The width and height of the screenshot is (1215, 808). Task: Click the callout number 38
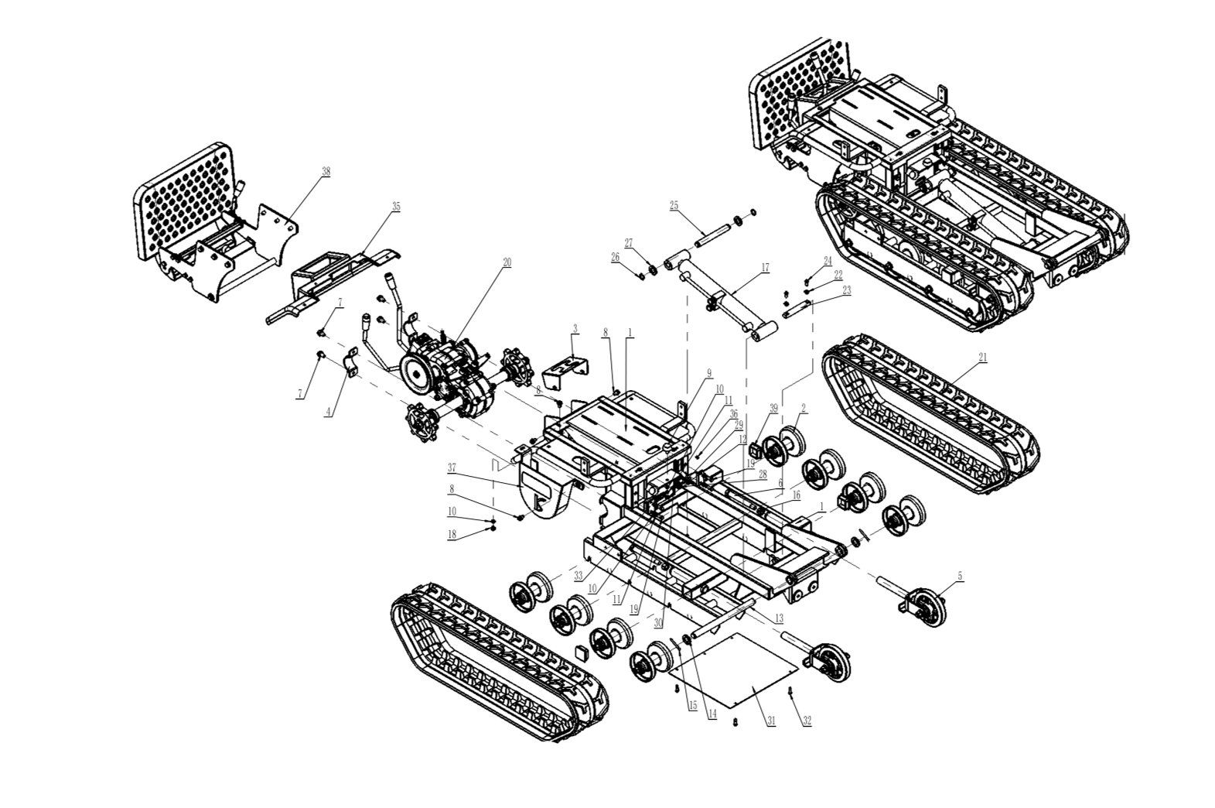click(326, 173)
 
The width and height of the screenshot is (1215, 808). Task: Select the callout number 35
click(396, 207)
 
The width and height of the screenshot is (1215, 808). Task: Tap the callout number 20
click(507, 263)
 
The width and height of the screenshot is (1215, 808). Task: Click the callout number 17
click(765, 269)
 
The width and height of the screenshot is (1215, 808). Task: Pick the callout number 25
click(674, 205)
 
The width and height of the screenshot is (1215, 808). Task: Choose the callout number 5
click(961, 576)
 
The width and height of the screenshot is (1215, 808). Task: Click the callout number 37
click(452, 467)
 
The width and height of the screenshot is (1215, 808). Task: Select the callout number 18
click(452, 535)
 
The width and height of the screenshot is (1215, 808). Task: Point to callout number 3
click(575, 330)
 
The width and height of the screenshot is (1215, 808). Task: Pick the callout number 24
click(828, 261)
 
